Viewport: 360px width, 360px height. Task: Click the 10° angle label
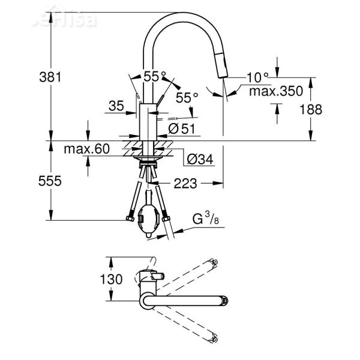pyautogui.click(x=257, y=77)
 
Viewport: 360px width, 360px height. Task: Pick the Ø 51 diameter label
pyautogui.click(x=181, y=128)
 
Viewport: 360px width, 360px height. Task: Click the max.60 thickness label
pyautogui.click(x=89, y=148)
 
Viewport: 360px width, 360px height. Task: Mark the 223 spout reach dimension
pyautogui.click(x=185, y=184)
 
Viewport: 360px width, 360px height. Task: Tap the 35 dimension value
pyautogui.click(x=116, y=106)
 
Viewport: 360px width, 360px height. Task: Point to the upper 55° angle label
pyautogui.click(x=154, y=76)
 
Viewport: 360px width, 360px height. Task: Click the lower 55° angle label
pyautogui.click(x=187, y=97)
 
